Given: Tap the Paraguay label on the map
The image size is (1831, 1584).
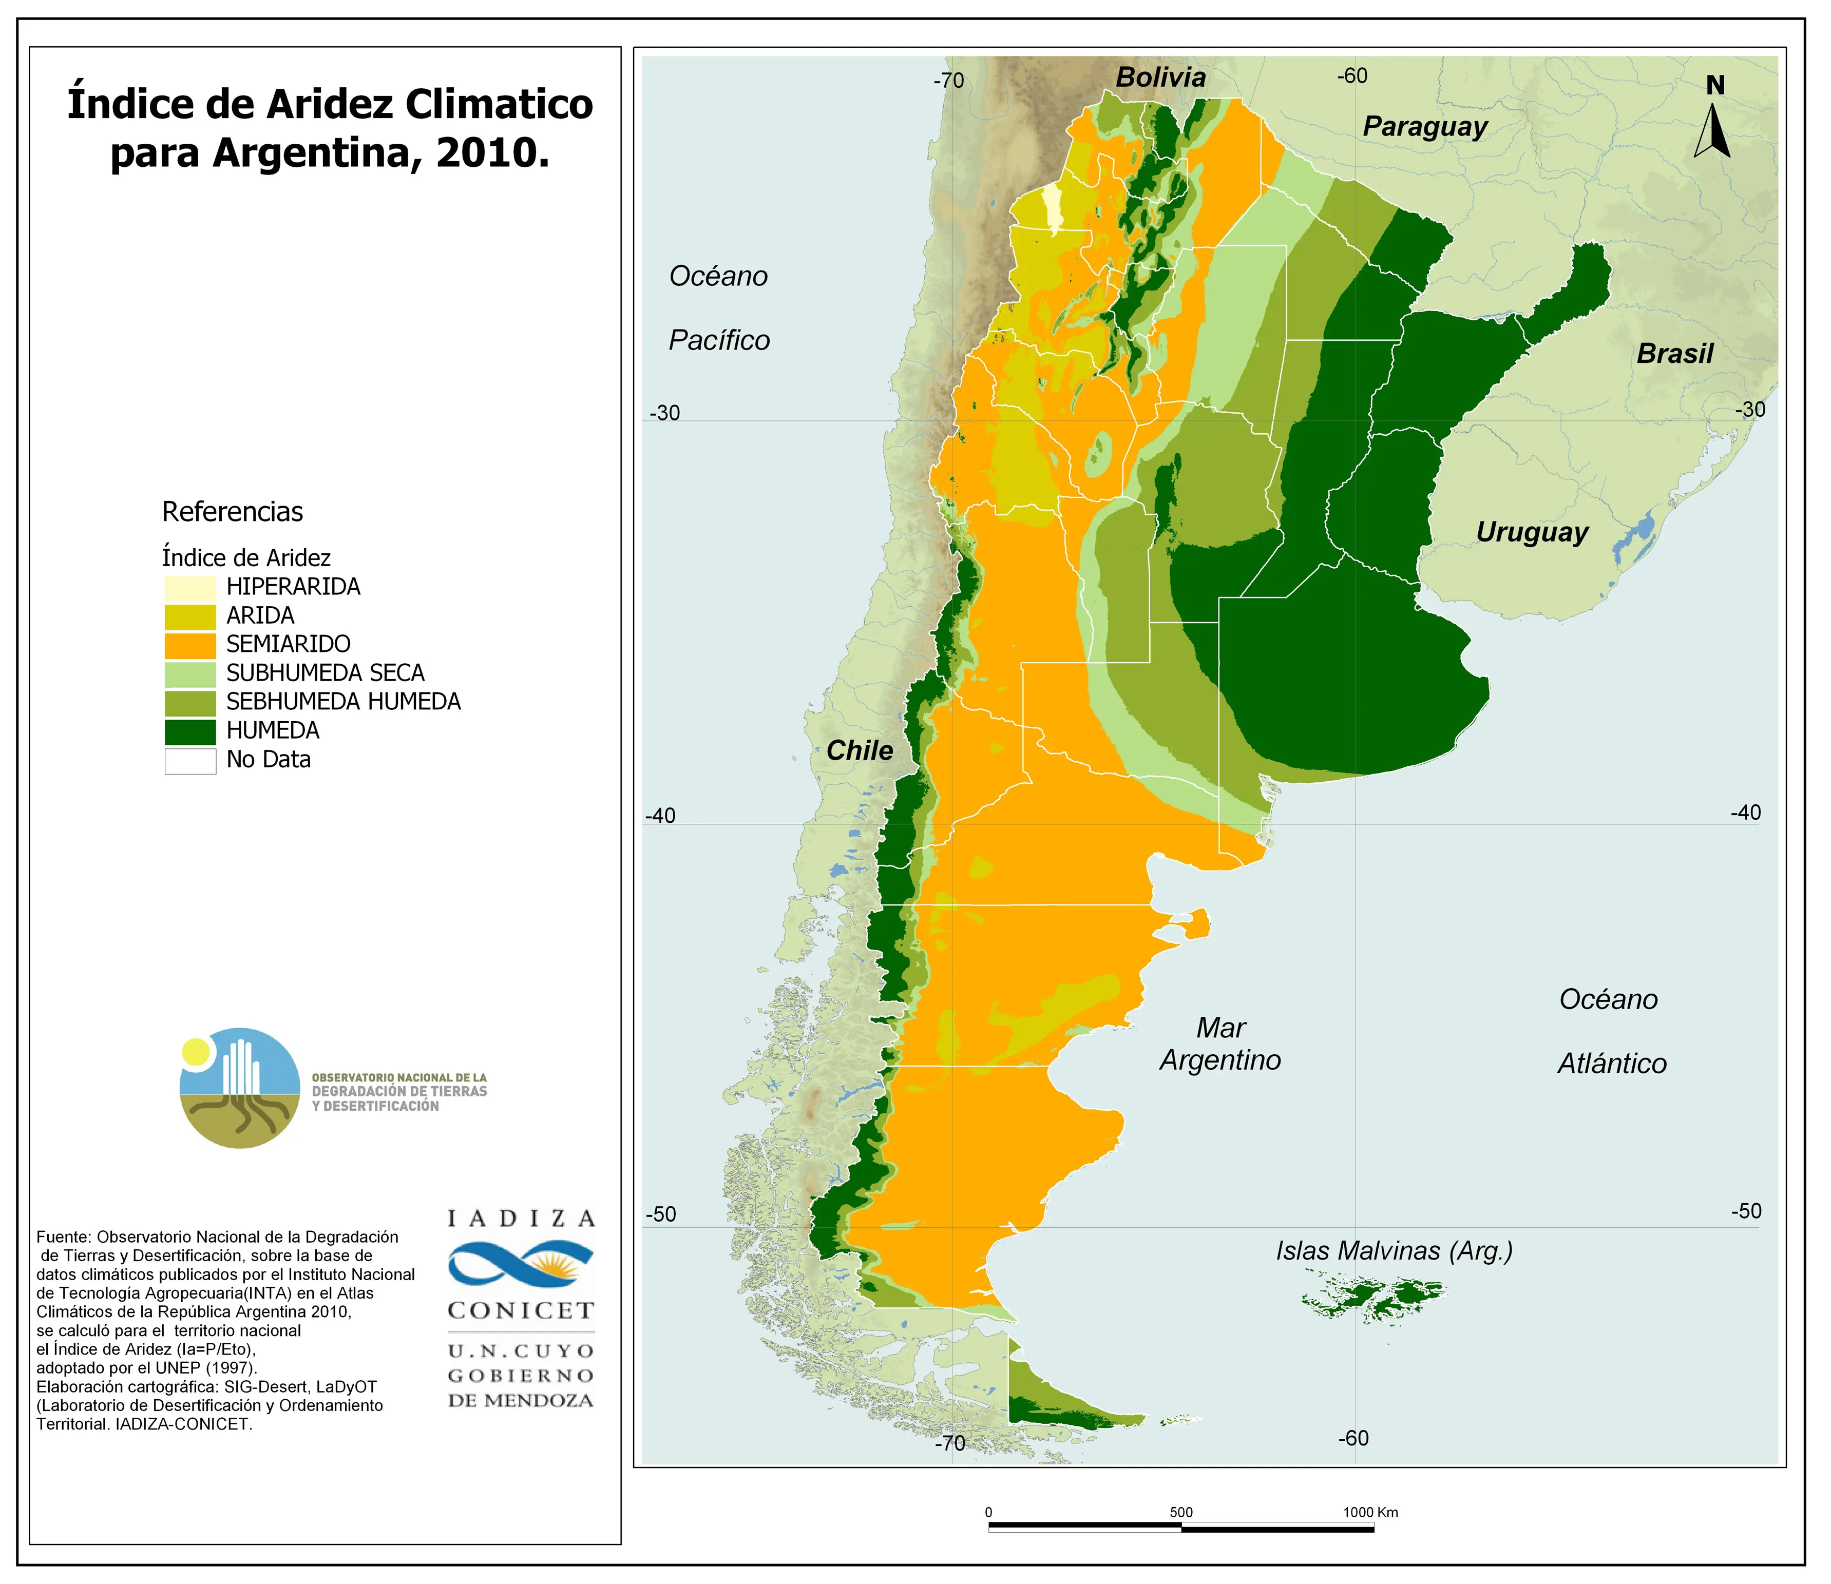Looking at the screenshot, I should click(1424, 126).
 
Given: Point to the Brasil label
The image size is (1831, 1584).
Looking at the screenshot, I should click(1674, 354).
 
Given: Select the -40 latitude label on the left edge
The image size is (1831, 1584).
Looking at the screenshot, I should click(660, 816).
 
